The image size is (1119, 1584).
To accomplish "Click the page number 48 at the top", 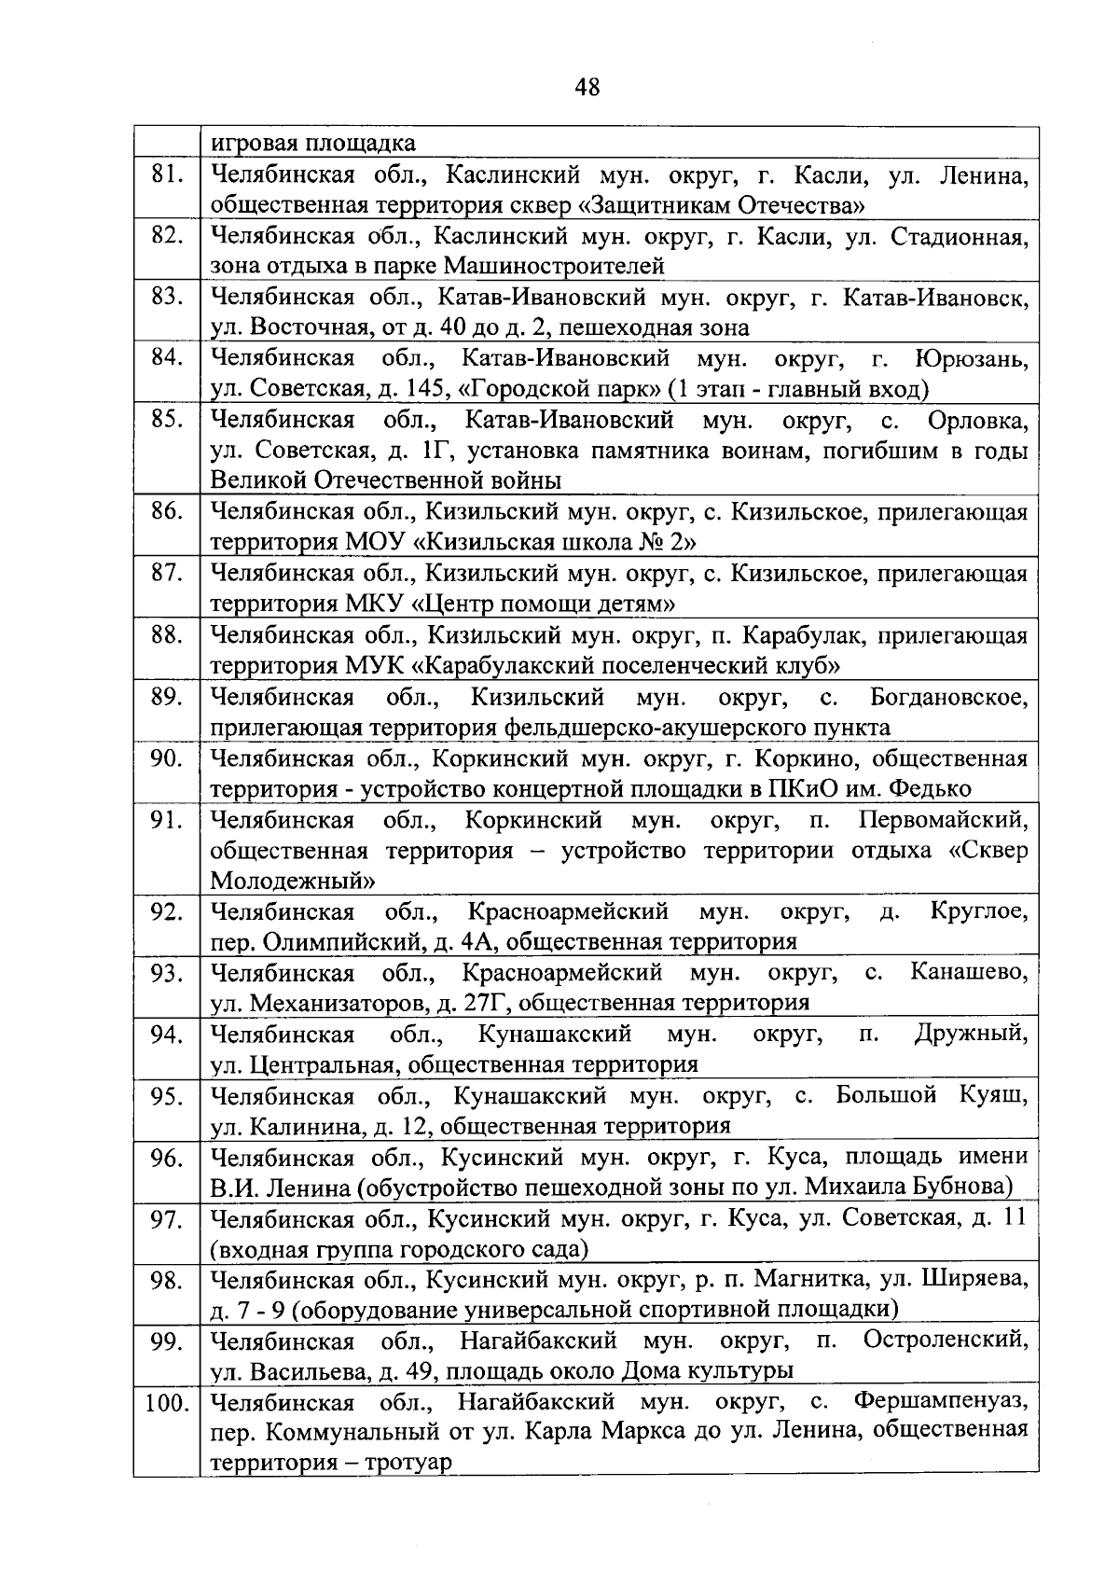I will (x=587, y=88).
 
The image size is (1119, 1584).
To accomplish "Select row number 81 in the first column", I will (x=166, y=174).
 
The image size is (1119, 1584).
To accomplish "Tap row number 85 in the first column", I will (x=166, y=421).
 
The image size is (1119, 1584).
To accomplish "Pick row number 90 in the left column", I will (x=166, y=758).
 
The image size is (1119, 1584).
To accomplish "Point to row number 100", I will (x=167, y=1402).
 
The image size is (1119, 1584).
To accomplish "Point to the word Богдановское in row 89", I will (x=948, y=697).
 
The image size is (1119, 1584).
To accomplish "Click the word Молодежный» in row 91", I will (x=293, y=881).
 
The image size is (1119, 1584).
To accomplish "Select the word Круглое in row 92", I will (x=978, y=910).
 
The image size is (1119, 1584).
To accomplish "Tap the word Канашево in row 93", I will (x=969, y=973).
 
